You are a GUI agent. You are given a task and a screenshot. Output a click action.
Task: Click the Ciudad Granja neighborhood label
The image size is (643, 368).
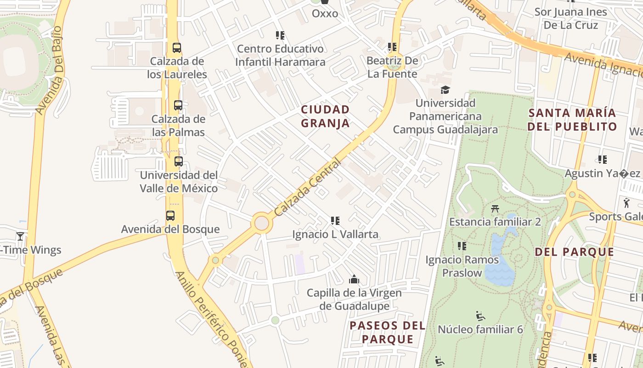[x=325, y=116]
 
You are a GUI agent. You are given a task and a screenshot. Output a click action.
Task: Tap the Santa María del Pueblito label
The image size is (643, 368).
[x=572, y=120]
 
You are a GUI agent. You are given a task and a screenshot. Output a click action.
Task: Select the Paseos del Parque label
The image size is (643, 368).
[x=387, y=332]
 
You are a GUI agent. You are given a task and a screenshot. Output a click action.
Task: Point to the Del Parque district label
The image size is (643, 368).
[x=574, y=252]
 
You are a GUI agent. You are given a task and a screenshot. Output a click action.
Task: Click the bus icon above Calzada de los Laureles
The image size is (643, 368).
[x=176, y=47]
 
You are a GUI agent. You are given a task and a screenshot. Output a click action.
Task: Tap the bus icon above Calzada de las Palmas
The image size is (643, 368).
[x=178, y=105]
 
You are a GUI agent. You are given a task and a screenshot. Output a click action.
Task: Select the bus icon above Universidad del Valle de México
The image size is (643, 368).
[x=178, y=161]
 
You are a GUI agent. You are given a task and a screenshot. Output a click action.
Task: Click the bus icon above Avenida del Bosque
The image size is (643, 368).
[x=170, y=215]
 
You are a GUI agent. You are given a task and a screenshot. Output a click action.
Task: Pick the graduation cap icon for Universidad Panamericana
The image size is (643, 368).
[x=445, y=90]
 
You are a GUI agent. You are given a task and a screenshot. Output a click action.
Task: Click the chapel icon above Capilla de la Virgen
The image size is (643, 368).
[x=354, y=279]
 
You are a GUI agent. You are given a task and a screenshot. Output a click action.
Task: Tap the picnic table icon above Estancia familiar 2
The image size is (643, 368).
[x=495, y=209]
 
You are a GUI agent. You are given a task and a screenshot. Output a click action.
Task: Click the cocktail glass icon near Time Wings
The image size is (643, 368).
[x=20, y=236]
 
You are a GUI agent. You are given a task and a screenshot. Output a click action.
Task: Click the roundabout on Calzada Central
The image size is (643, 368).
[x=261, y=223]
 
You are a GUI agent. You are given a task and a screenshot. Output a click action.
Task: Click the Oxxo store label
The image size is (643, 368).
[x=325, y=13]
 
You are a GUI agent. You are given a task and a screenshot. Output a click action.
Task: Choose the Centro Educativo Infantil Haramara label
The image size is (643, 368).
[x=280, y=55]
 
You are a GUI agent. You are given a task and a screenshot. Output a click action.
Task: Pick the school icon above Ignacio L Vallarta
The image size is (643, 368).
[x=335, y=221]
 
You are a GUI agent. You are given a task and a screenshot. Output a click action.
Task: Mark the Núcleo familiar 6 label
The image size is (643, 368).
[x=480, y=329]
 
